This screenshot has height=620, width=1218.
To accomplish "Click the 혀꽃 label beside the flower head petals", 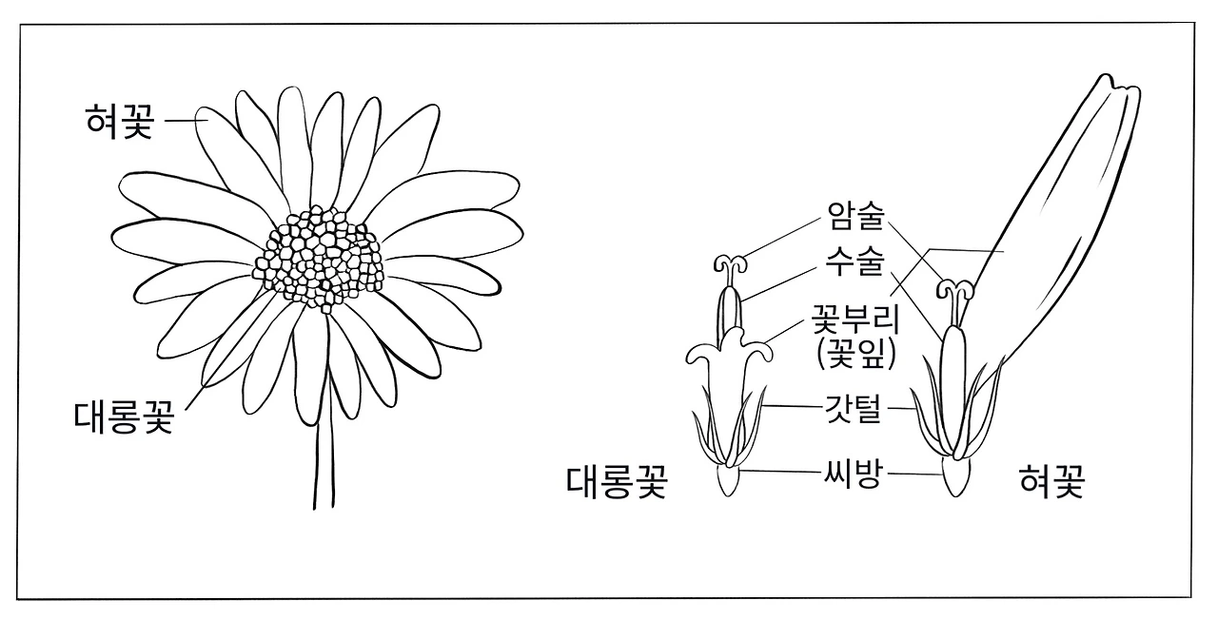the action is pyautogui.click(x=117, y=122).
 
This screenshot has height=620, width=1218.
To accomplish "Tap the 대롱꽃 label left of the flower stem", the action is pyautogui.click(x=124, y=417).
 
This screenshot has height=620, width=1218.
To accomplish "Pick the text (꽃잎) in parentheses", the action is pyautogui.click(x=855, y=354).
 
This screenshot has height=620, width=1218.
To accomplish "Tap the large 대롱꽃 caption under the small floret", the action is pyautogui.click(x=617, y=482).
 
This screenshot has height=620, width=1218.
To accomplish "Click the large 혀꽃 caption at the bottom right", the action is pyautogui.click(x=1051, y=482).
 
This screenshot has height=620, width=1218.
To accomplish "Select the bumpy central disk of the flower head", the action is pyautogui.click(x=318, y=257).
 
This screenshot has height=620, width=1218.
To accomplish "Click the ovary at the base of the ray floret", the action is pyautogui.click(x=953, y=480).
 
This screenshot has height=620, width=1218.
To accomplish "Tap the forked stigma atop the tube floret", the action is pyautogui.click(x=731, y=262).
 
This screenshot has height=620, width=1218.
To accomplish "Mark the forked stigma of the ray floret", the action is pyautogui.click(x=953, y=286).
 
